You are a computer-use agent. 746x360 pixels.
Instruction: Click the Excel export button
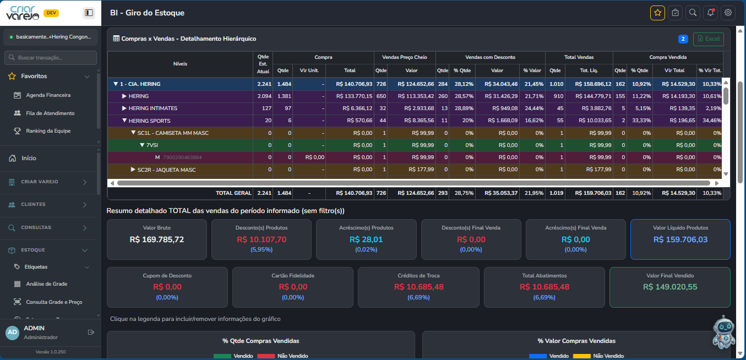709,39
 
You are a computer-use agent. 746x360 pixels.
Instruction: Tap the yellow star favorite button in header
657,13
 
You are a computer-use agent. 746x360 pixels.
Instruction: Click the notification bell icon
710,13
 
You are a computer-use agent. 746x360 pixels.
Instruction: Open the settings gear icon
728,13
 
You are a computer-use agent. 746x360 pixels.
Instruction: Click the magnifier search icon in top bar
693,13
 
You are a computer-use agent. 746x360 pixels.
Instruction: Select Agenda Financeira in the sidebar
48,95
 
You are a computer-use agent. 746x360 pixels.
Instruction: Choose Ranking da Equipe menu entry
48,131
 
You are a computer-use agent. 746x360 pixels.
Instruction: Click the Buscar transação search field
51,58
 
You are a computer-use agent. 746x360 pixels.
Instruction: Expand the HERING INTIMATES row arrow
124,108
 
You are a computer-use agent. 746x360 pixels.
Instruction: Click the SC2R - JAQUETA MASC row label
166,170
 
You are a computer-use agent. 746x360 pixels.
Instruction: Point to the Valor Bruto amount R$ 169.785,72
156,239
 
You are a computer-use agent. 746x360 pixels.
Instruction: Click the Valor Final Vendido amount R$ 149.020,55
669,287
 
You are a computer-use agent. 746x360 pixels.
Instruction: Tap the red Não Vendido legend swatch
266,356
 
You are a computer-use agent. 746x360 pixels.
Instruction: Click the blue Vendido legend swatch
538,356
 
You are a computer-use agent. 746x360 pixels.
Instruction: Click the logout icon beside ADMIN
91,332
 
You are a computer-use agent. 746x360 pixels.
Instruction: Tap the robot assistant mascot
723,332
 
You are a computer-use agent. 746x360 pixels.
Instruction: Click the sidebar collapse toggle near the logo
89,13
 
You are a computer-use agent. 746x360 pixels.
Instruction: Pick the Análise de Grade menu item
47,284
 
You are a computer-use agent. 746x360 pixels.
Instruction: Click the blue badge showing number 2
683,39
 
